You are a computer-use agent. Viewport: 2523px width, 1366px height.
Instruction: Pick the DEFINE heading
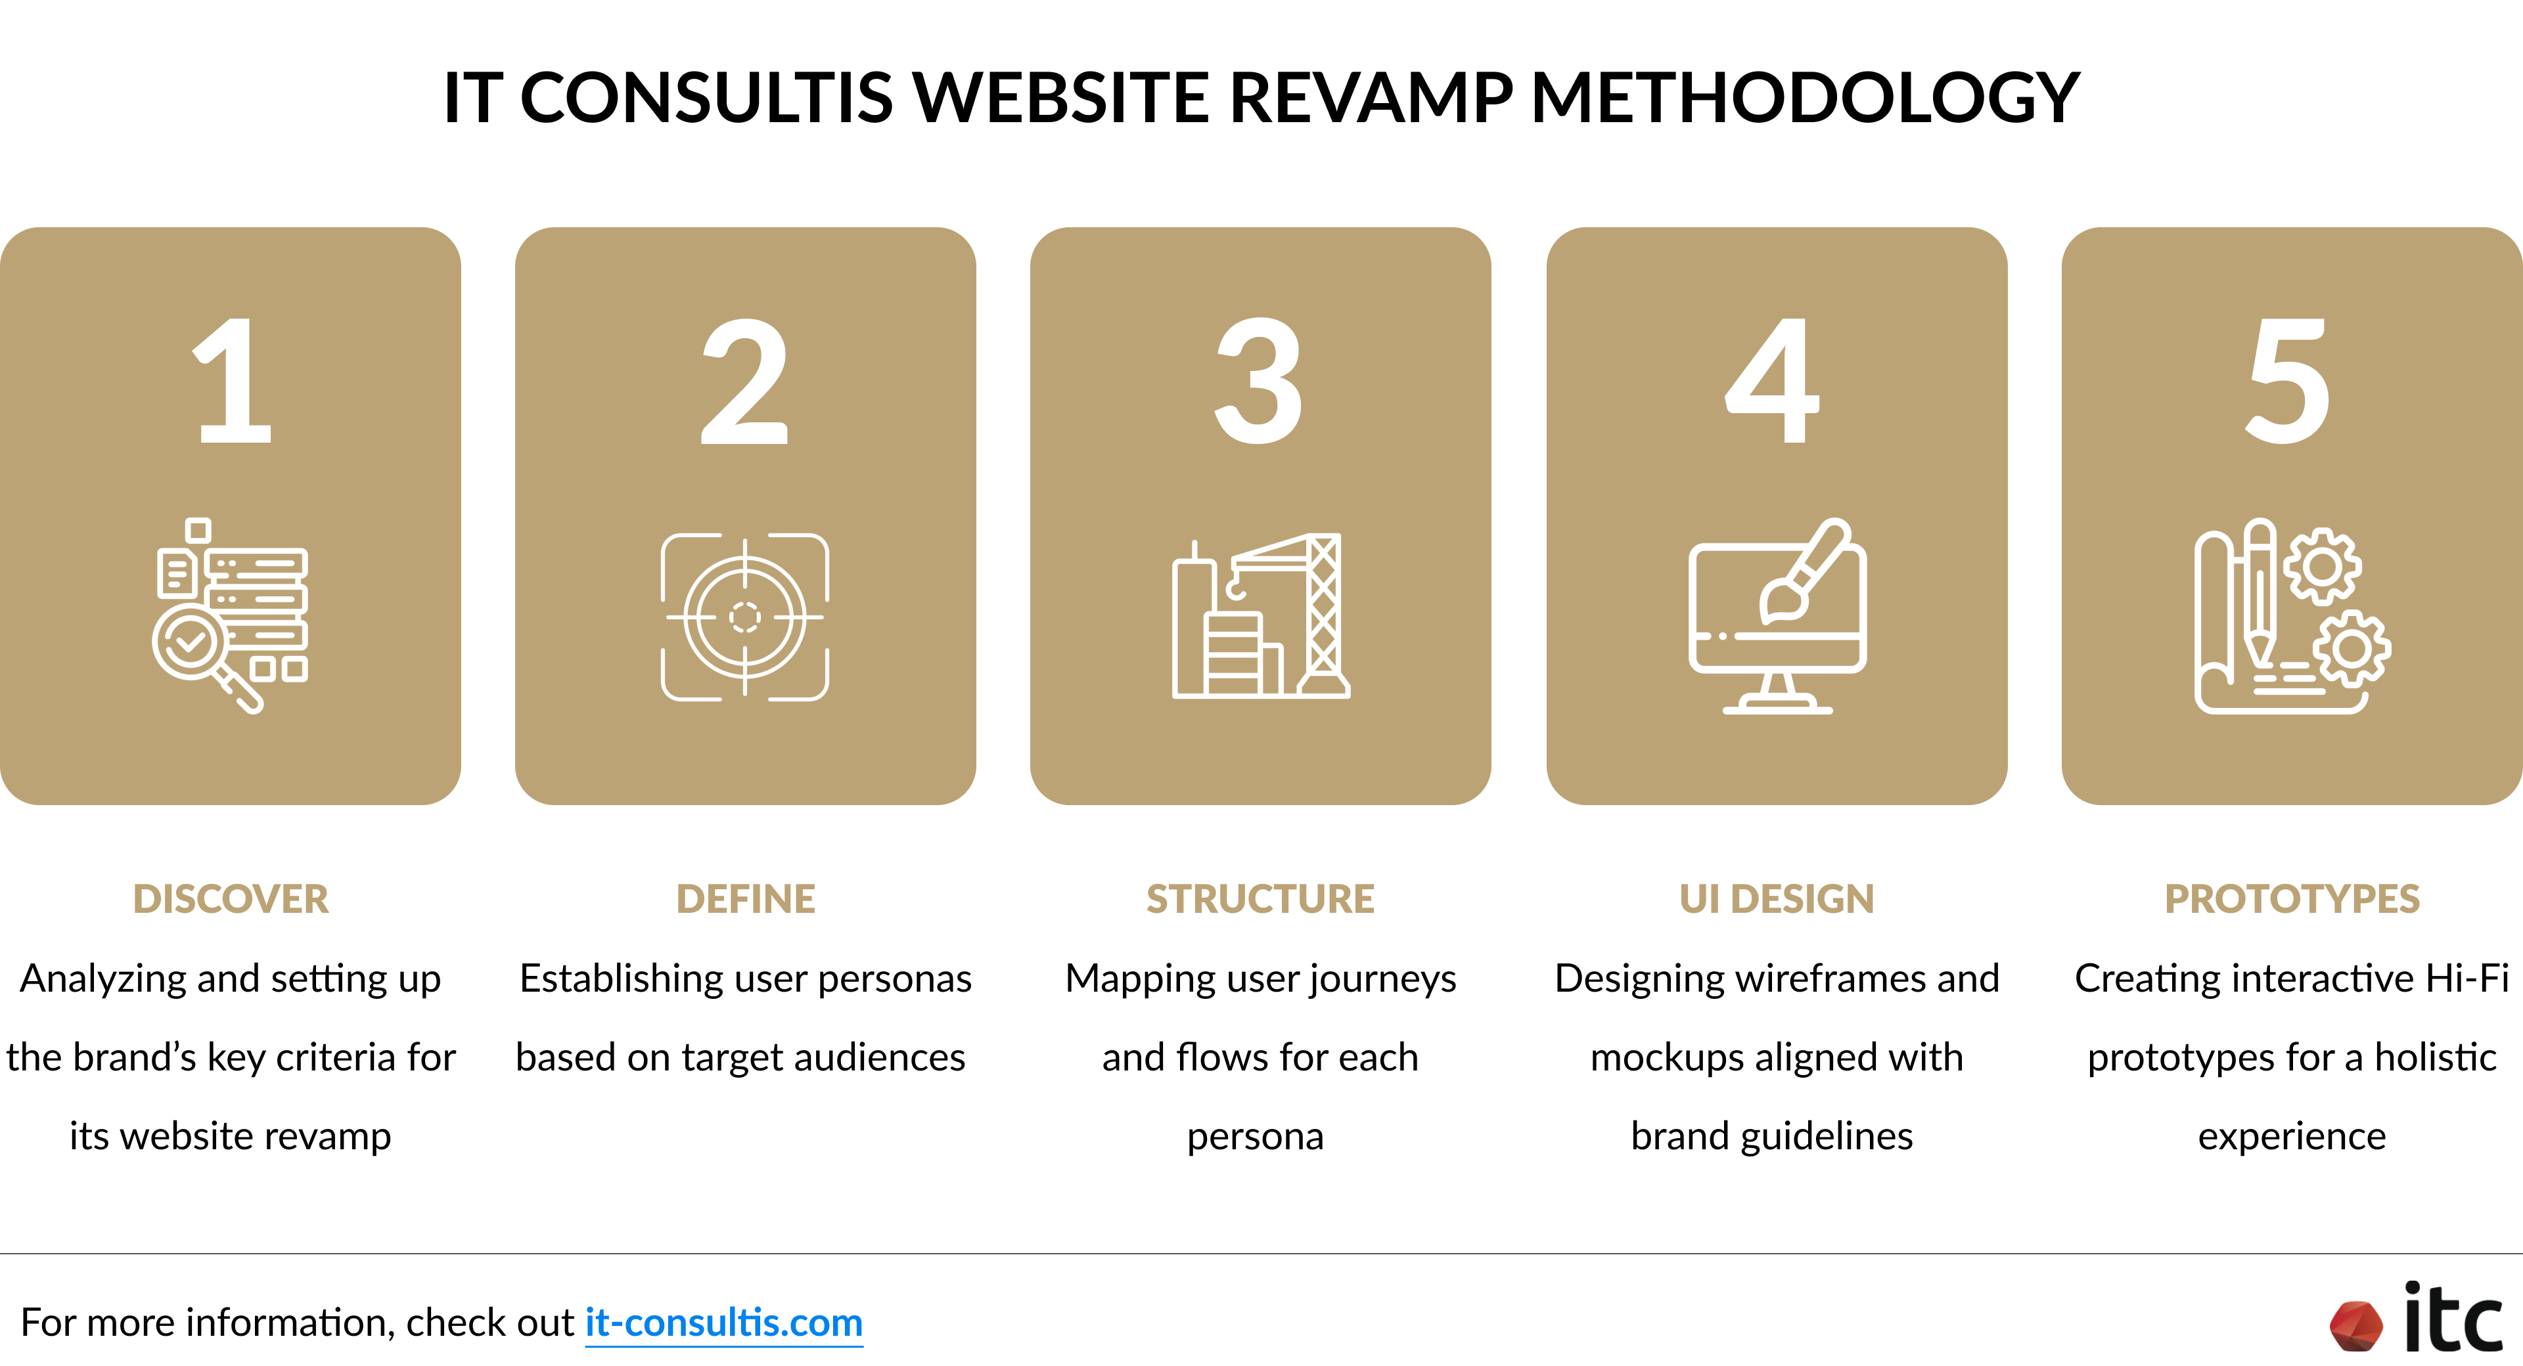[x=745, y=899]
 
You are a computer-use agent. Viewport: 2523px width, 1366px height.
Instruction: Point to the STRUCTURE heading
[x=1261, y=899]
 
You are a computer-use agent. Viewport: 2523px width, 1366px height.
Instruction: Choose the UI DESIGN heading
[x=1777, y=899]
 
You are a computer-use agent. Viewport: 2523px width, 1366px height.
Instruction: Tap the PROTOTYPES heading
[x=2292, y=899]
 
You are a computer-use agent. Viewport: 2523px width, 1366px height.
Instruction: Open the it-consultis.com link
[x=724, y=1323]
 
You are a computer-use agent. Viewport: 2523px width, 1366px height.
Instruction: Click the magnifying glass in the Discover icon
[x=191, y=646]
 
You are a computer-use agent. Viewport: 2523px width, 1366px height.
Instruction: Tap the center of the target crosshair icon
[x=744, y=617]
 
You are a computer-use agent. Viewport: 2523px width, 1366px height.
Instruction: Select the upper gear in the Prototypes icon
[x=2322, y=566]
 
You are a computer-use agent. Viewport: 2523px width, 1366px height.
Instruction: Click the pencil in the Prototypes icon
[x=2260, y=592]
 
